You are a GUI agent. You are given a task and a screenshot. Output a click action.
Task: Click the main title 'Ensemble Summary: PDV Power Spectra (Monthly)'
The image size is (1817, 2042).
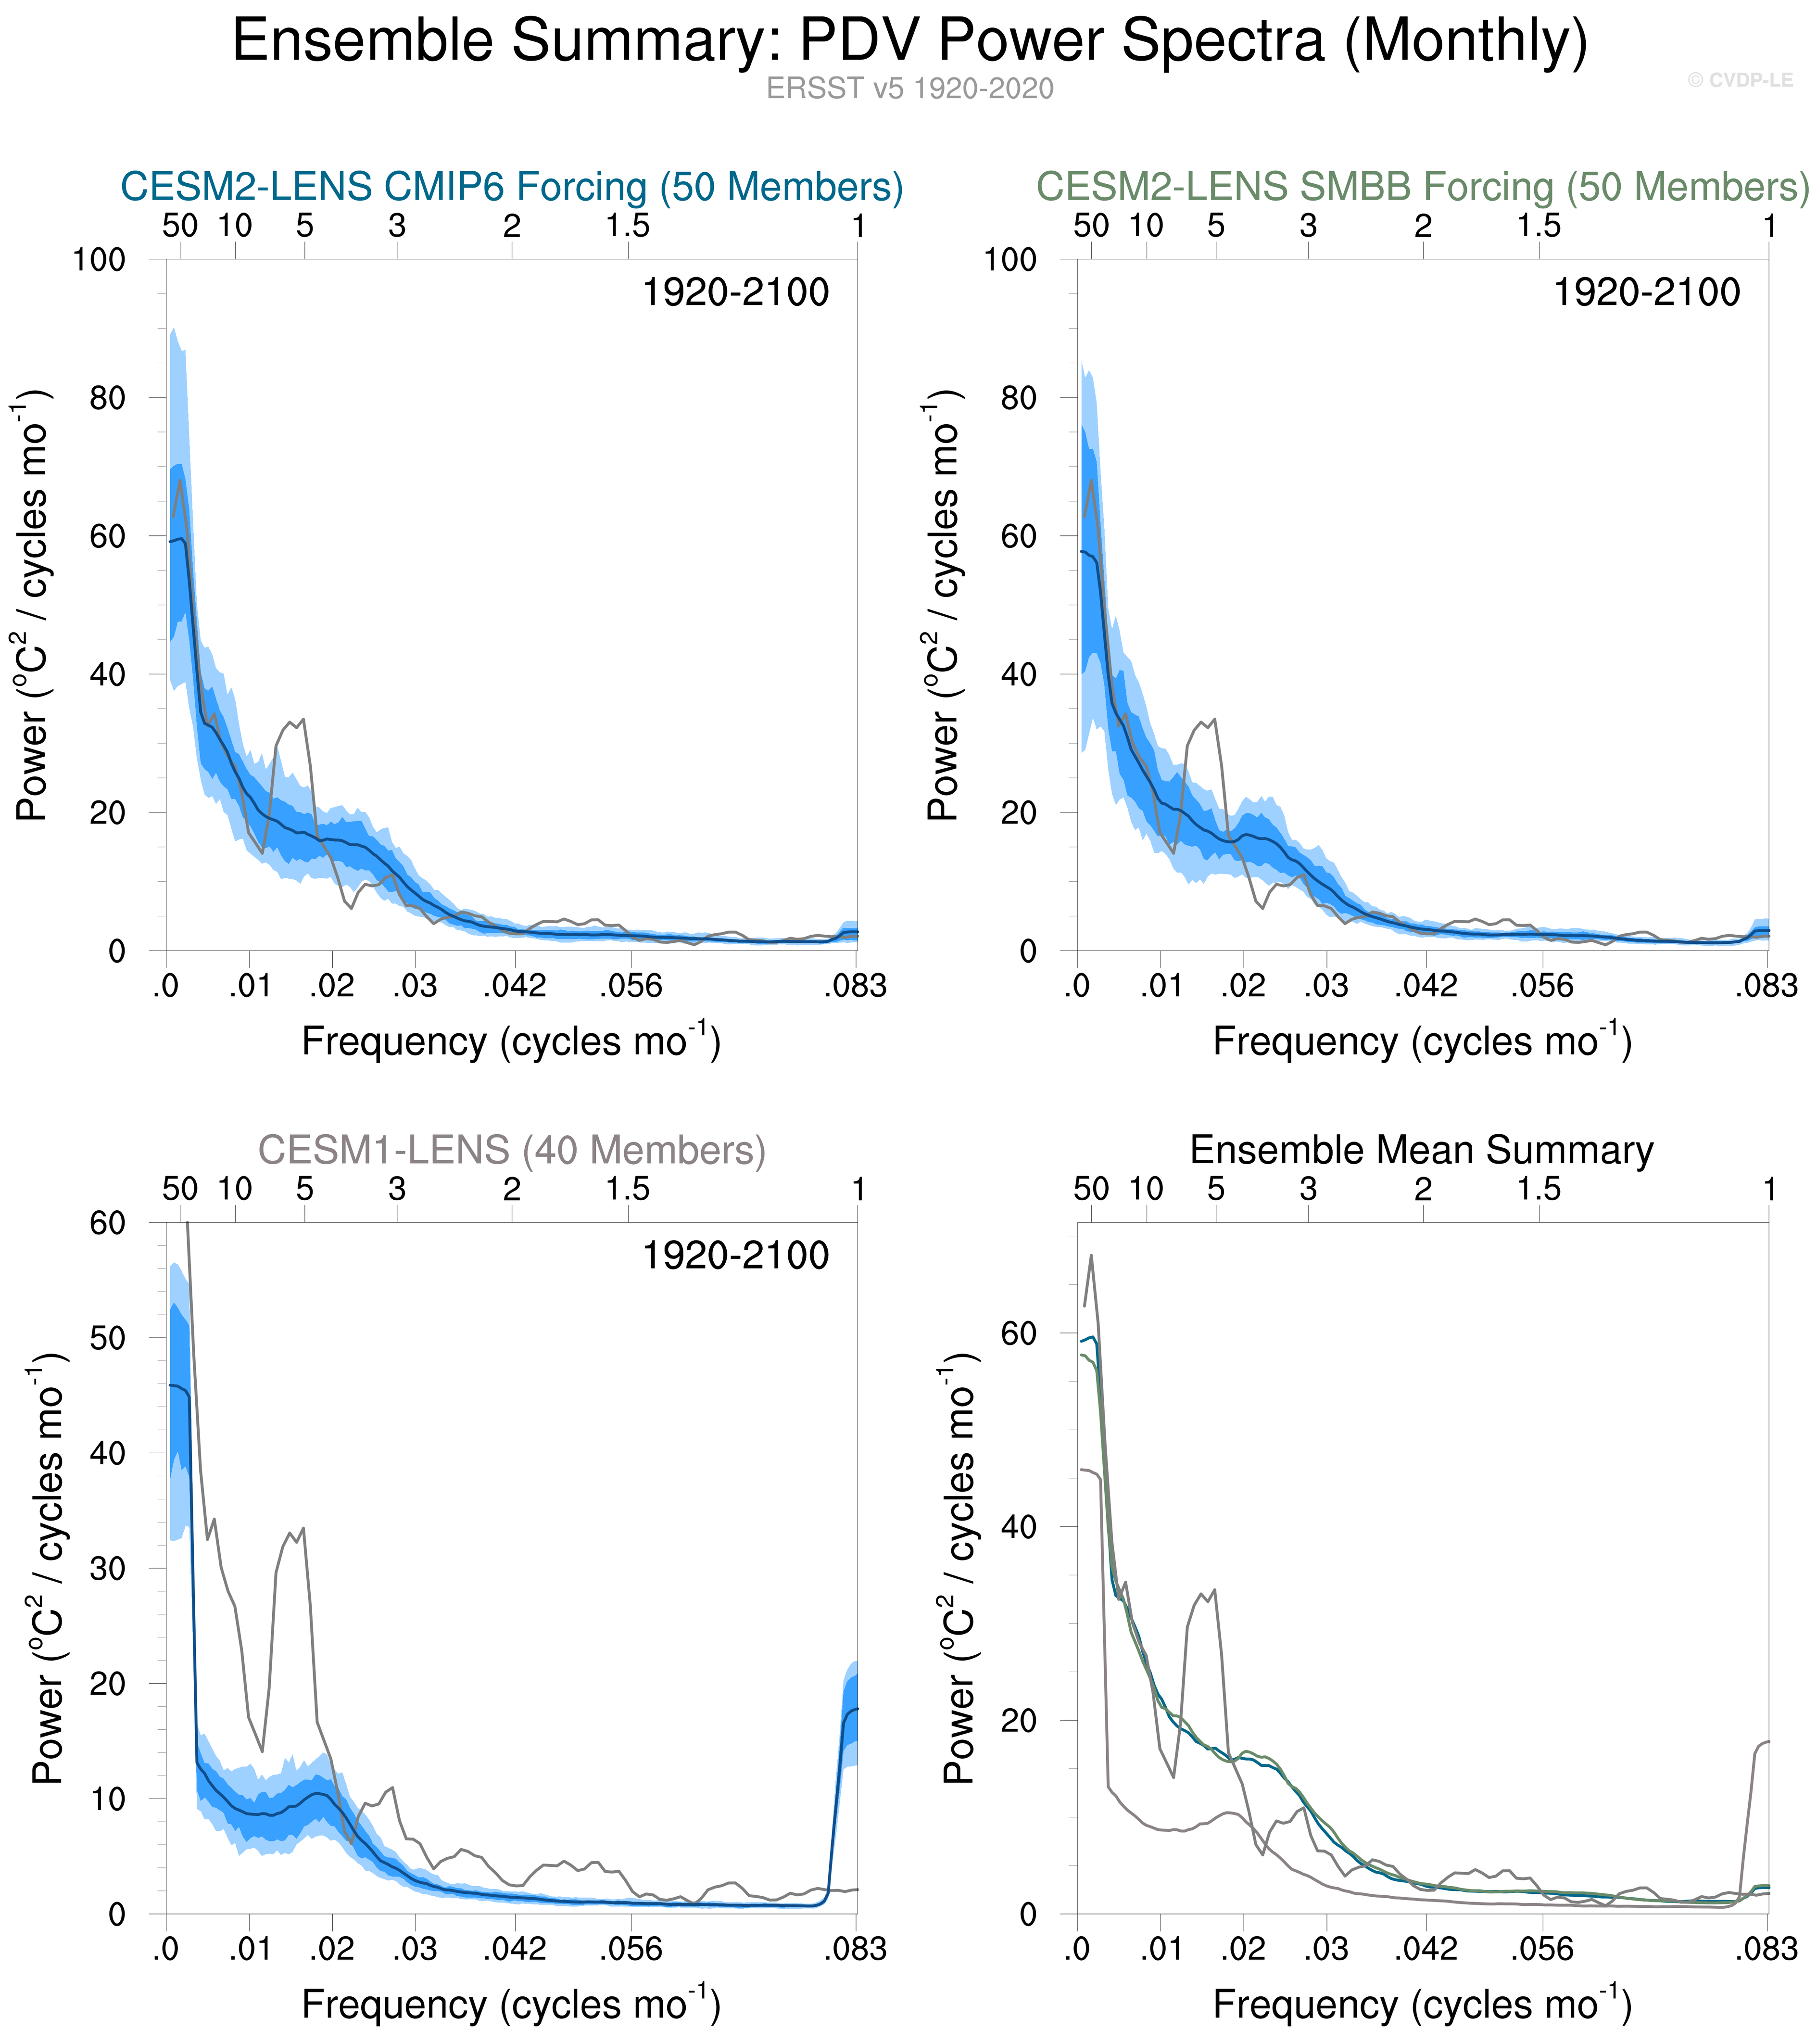pyautogui.click(x=909, y=42)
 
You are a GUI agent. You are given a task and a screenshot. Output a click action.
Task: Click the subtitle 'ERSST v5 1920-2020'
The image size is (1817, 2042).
pyautogui.click(x=909, y=89)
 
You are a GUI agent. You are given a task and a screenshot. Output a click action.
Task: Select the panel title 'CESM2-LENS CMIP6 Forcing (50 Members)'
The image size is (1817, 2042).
pyautogui.click(x=511, y=187)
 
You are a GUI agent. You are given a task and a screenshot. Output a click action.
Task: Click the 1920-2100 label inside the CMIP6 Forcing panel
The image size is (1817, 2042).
pyautogui.click(x=735, y=293)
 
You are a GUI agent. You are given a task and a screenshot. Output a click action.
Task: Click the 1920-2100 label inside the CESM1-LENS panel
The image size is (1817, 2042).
pyautogui.click(x=735, y=1256)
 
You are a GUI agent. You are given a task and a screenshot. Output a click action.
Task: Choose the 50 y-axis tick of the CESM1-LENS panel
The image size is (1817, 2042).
pyautogui.click(x=108, y=1338)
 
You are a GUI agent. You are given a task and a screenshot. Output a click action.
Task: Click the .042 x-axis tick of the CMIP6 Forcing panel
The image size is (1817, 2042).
pyautogui.click(x=516, y=986)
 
